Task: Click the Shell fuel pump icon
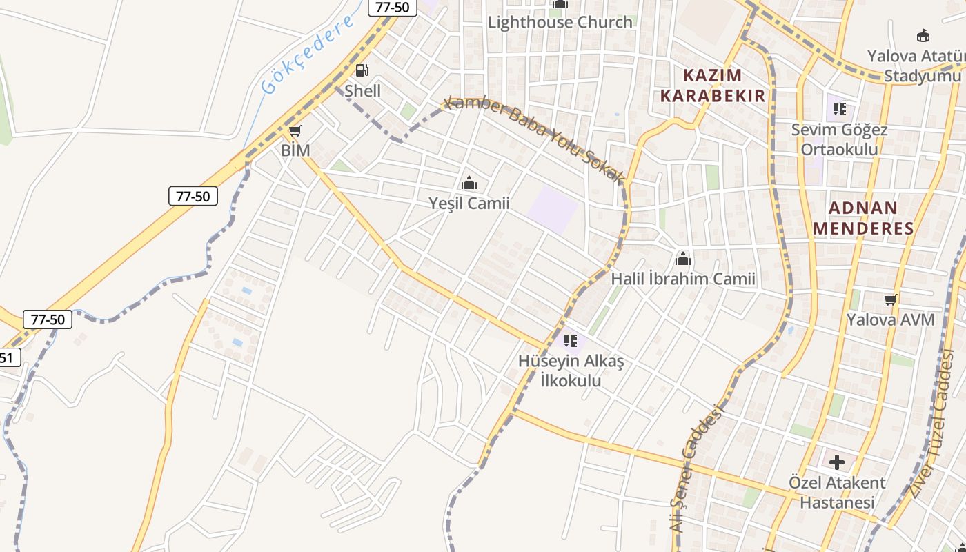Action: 362,70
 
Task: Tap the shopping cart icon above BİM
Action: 295,130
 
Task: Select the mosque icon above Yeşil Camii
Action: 469,183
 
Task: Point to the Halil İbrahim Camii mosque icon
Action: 683,259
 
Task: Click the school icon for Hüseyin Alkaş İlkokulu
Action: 571,340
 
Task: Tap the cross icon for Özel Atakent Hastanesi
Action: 837,462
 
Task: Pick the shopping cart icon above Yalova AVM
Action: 891,299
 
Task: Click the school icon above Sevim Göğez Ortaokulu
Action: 840,109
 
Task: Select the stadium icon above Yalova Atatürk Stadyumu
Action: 923,36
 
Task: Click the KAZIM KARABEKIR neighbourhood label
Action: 713,85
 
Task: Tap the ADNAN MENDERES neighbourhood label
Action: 864,218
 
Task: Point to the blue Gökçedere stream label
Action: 308,53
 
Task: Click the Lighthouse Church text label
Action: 560,22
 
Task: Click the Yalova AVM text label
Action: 891,320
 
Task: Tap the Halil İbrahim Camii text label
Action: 683,279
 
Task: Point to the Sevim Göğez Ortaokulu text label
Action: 840,139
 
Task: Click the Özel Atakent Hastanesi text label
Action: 837,492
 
